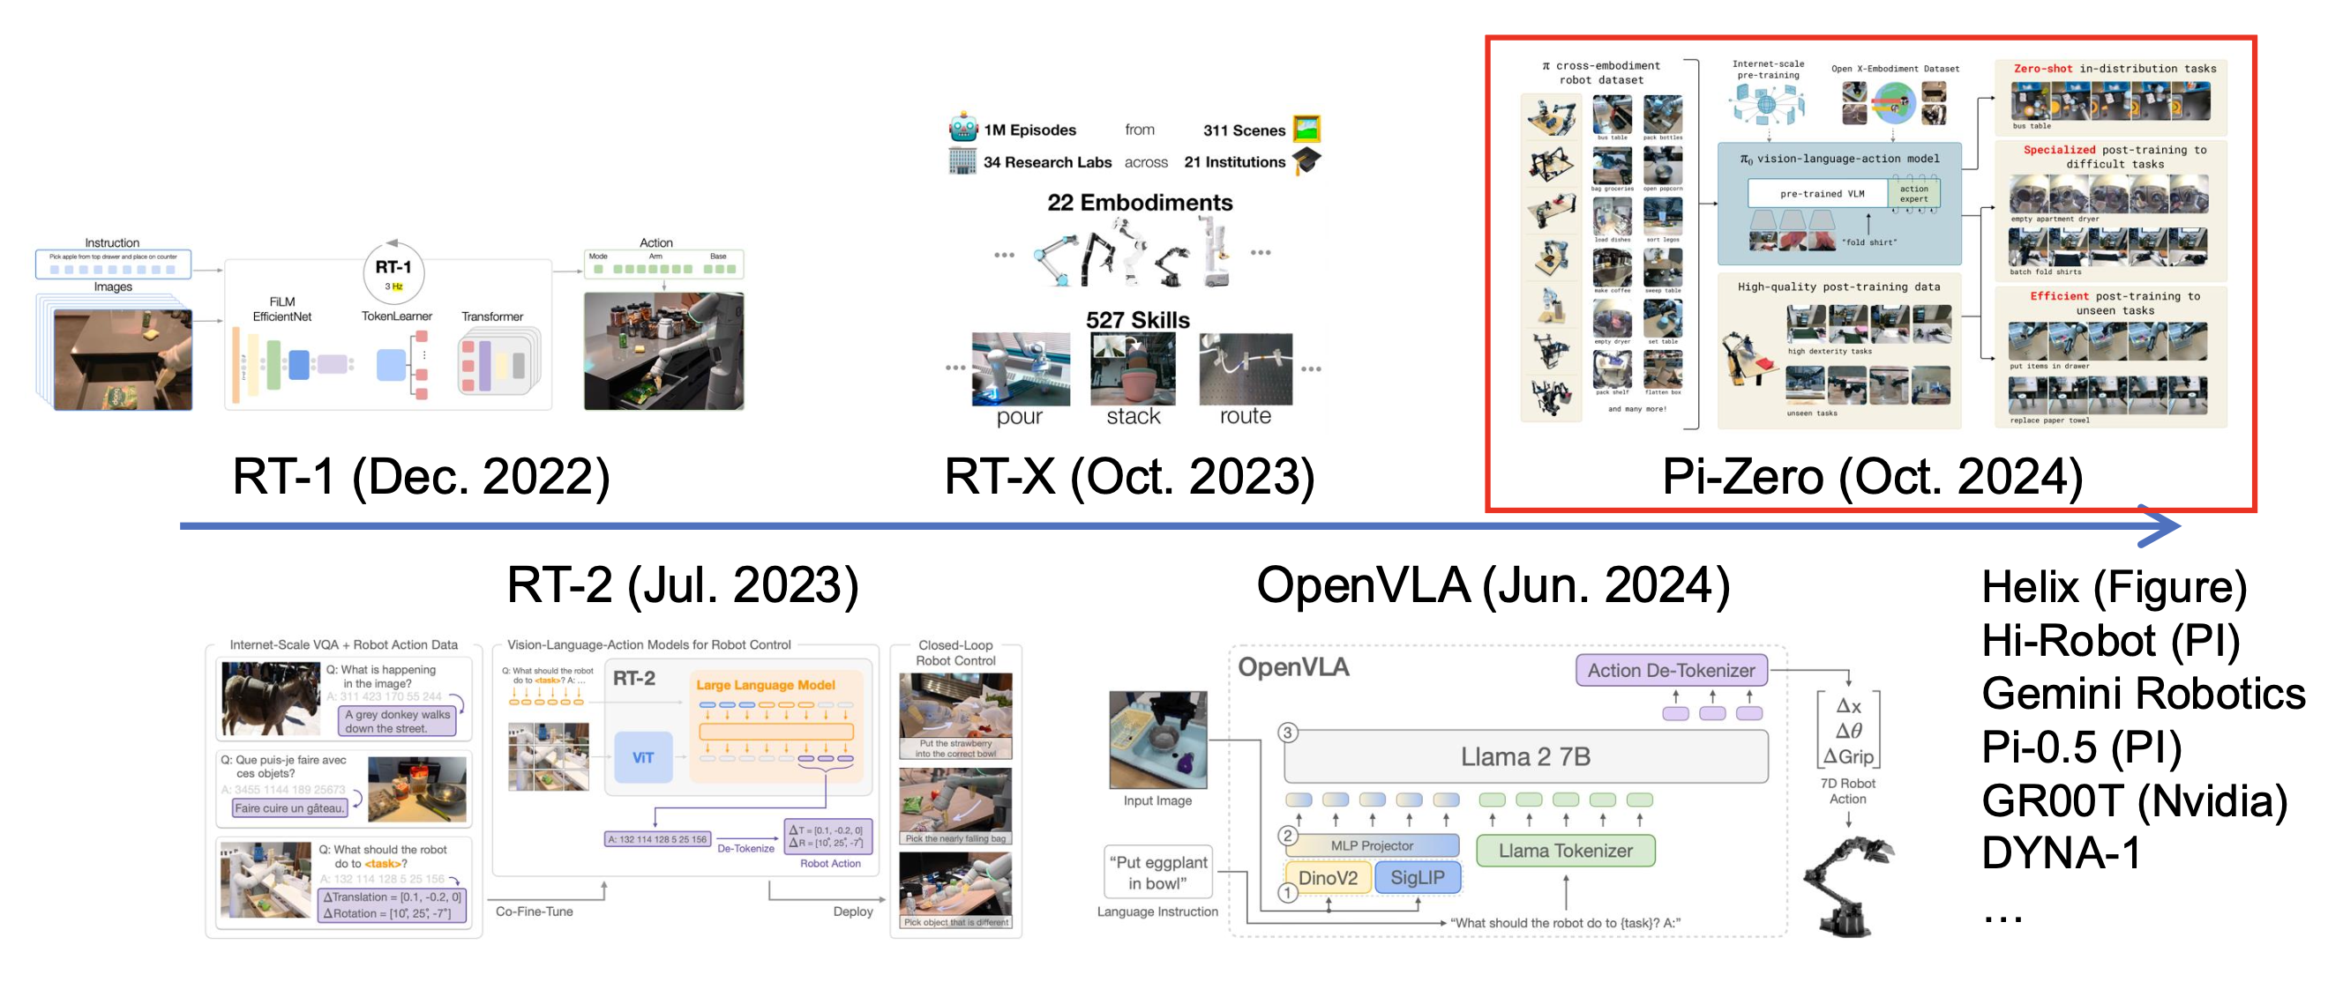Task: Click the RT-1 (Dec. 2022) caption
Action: (x=420, y=476)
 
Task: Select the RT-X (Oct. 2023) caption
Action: (x=1129, y=476)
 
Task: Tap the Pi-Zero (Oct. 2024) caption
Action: (x=1872, y=476)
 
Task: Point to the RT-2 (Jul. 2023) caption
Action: (x=682, y=584)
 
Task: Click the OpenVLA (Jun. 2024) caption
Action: (x=1493, y=584)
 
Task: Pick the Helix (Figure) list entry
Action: (x=2114, y=587)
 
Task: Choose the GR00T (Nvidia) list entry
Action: (x=2134, y=801)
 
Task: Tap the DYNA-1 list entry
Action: (x=2061, y=853)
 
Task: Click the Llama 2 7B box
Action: (x=1525, y=756)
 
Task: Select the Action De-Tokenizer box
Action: (x=1671, y=670)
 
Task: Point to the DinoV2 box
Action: (x=1327, y=877)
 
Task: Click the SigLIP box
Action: (x=1417, y=877)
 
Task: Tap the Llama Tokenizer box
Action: (x=1564, y=851)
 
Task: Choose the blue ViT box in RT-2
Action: (x=643, y=757)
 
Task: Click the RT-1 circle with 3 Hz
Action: (x=393, y=272)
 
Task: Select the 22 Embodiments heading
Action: (x=1140, y=203)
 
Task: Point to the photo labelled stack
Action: (x=1133, y=368)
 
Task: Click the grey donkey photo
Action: (x=270, y=697)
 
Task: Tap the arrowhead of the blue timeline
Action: (x=2165, y=525)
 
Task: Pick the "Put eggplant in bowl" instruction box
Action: (x=1157, y=872)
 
